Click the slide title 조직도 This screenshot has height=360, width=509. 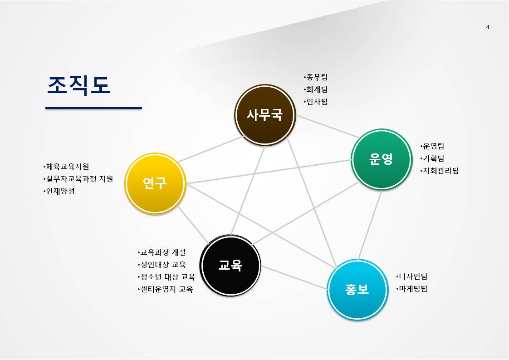79,85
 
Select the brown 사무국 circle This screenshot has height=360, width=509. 265,115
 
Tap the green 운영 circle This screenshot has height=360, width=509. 382,159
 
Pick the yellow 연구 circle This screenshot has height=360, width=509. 155,183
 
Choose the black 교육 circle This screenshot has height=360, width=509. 230,265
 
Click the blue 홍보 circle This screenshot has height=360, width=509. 357,289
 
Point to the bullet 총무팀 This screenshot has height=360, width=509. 316,77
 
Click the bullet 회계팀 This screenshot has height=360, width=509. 316,89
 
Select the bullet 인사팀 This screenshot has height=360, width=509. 316,102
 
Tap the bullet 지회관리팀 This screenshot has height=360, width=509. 440,171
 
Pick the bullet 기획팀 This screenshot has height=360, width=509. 432,158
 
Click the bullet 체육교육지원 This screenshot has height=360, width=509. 66,167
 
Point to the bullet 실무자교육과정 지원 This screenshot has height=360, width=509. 78,179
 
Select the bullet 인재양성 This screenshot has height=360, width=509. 59,191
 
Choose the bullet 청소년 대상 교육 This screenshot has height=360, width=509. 166,277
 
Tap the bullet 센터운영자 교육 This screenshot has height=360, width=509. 166,289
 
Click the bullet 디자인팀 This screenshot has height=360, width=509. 412,276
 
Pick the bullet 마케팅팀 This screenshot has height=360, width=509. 412,289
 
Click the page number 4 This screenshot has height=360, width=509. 488,27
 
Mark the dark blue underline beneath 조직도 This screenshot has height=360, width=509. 94,108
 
